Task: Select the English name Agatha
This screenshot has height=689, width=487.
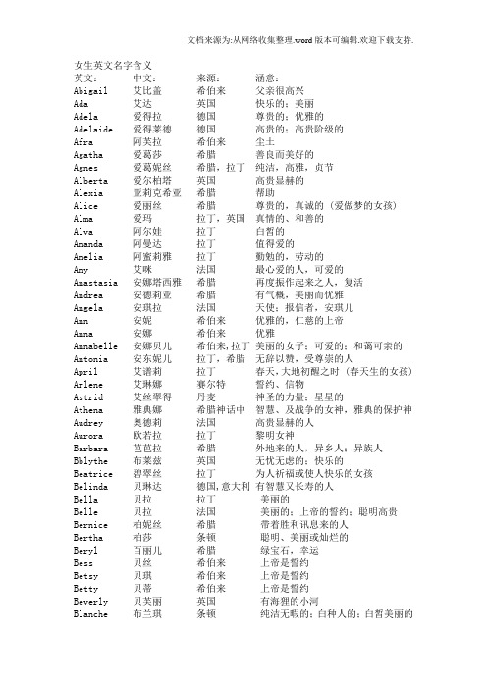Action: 90,155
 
